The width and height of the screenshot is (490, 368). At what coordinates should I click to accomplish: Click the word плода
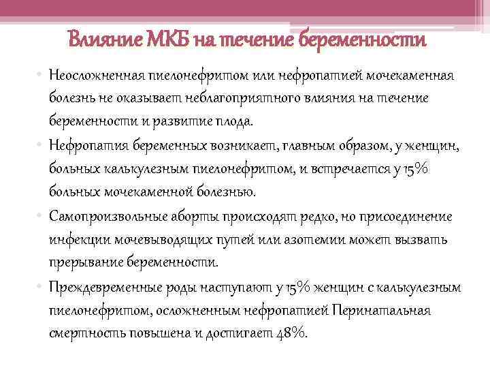point(233,122)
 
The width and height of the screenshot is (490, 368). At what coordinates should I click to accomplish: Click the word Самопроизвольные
point(104,216)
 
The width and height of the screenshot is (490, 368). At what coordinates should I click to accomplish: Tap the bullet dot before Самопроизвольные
point(40,217)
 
